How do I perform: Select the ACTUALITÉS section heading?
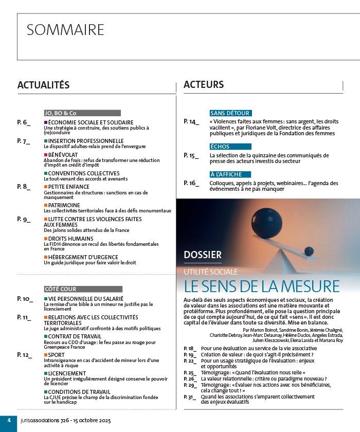pyautogui.click(x=43, y=85)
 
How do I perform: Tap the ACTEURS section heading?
pyautogui.click(x=204, y=85)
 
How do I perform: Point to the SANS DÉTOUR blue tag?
pyautogui.click(x=230, y=113)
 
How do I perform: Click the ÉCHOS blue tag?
pyautogui.click(x=220, y=147)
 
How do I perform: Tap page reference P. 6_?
pyautogui.click(x=24, y=122)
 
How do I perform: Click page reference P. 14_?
pyautogui.click(x=191, y=122)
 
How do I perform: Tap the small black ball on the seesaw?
pyautogui.click(x=309, y=251)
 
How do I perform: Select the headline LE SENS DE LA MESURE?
pyautogui.click(x=262, y=286)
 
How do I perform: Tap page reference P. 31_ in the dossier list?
pyautogui.click(x=190, y=397)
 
